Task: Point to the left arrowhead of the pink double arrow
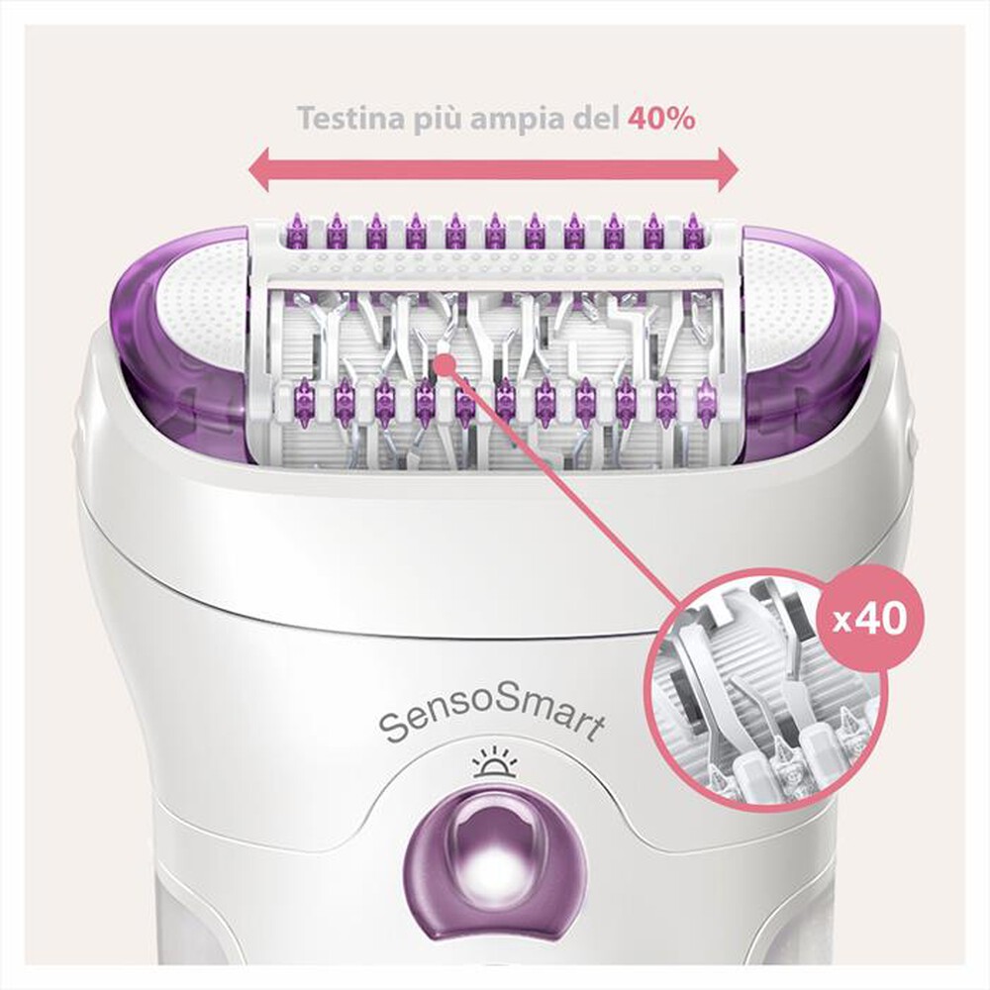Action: coord(259,171)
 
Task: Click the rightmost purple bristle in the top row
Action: coord(693,231)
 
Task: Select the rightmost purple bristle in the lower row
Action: coord(705,401)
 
